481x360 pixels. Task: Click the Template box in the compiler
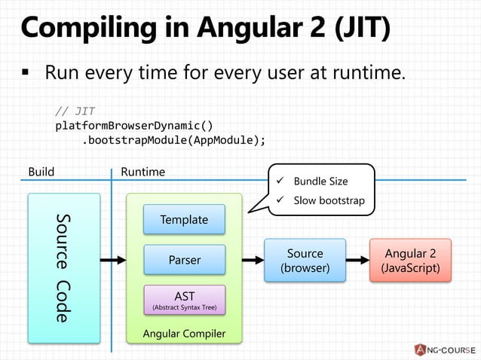(x=184, y=220)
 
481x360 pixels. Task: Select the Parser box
(x=184, y=260)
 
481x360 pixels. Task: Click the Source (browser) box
(x=305, y=261)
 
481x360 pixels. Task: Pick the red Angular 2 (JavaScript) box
(x=410, y=261)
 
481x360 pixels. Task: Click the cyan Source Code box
(x=64, y=267)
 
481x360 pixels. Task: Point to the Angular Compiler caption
(x=185, y=333)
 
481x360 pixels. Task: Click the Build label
(x=41, y=172)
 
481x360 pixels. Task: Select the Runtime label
(x=142, y=172)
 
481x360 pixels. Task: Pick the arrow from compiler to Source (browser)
(x=253, y=261)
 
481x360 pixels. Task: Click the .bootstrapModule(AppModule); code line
(x=173, y=139)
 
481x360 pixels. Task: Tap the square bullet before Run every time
(x=26, y=75)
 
